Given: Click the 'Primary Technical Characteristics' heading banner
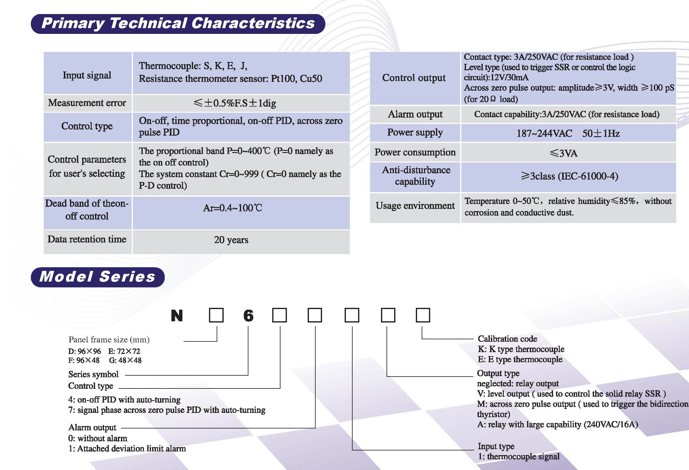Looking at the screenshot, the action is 178,24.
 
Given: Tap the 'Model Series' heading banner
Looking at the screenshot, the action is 98,277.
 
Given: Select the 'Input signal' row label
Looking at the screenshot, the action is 87,75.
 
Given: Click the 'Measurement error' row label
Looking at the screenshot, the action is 87,103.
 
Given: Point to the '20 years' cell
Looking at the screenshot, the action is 231,240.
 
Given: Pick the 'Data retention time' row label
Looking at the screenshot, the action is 87,239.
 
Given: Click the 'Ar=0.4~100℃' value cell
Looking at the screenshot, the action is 233,208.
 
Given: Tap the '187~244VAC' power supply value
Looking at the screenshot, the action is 544,133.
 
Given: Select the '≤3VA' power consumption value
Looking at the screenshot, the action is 564,153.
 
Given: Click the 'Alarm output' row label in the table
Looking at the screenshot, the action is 415,114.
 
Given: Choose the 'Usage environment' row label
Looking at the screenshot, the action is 415,206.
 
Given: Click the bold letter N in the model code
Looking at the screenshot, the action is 177,315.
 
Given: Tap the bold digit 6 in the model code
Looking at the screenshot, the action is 248,315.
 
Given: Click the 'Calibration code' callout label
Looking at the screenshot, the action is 508,339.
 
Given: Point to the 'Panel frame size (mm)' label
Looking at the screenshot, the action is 109,340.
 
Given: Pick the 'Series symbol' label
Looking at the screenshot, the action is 93,374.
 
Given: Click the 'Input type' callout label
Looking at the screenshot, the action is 496,446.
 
